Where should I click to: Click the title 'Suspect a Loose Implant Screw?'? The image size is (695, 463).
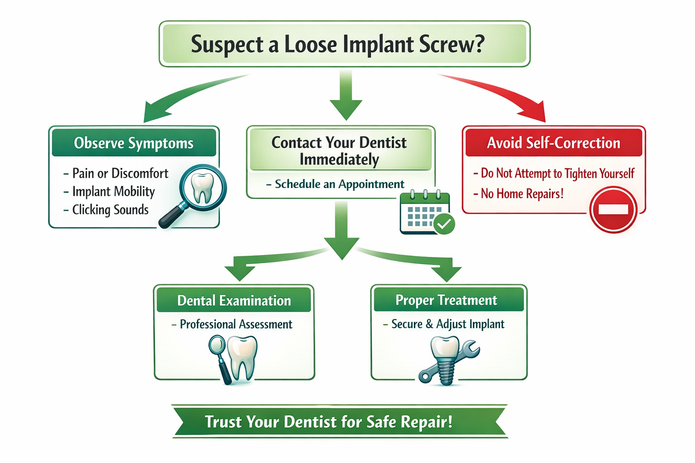[337, 44]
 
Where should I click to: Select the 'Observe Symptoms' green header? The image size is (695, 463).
[134, 143]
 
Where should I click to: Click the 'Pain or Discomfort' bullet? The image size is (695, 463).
[120, 173]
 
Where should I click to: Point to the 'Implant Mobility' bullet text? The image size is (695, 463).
[113, 192]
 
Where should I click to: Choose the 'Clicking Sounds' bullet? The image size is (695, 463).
[110, 210]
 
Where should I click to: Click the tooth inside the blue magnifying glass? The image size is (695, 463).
[202, 187]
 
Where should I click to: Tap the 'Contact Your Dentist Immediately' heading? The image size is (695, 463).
[339, 151]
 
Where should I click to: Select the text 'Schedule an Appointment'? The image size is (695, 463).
[339, 184]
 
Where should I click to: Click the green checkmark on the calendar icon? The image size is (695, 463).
[444, 223]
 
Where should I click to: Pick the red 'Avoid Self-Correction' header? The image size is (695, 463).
[553, 143]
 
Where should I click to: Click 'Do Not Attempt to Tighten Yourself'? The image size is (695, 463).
[557, 173]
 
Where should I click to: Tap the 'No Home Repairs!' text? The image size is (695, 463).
[522, 194]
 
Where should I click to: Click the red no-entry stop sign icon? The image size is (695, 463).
[613, 209]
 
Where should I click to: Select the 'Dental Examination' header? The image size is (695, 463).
[234, 301]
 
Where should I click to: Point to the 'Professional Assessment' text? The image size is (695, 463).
[236, 324]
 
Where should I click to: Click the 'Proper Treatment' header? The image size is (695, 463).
[446, 300]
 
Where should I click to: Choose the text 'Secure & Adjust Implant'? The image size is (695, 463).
[447, 324]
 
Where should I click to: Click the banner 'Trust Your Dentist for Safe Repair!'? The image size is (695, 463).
[329, 422]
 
